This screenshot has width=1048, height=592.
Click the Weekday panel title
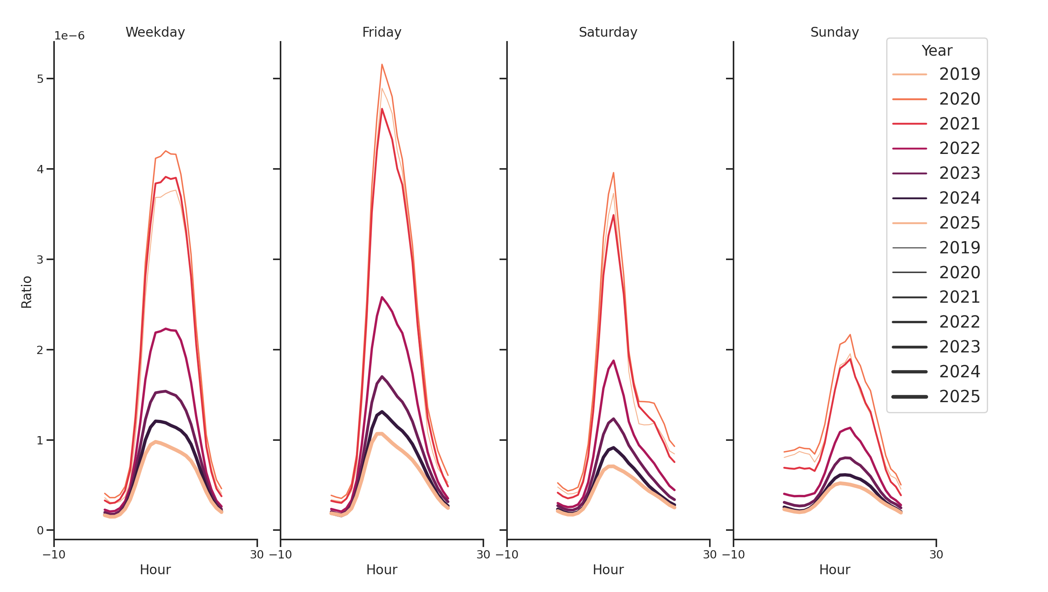coord(155,32)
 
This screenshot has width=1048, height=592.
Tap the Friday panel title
coord(382,32)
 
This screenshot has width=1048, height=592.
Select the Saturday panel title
coord(608,32)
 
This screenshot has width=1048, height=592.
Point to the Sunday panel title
coord(835,32)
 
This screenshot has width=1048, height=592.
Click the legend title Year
coord(936,51)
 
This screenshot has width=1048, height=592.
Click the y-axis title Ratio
coord(26,292)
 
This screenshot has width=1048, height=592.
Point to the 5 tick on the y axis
coord(40,79)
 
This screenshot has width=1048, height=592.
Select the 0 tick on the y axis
coord(40,530)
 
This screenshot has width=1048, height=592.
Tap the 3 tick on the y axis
coord(40,260)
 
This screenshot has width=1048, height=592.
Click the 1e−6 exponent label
coord(69,36)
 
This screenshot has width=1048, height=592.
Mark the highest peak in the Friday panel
coord(382,64)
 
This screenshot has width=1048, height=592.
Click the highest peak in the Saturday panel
coord(614,173)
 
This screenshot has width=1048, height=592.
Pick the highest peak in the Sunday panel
coord(850,335)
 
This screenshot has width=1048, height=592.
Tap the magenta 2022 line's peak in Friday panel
coord(382,297)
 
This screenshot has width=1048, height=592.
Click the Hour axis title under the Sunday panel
coord(835,570)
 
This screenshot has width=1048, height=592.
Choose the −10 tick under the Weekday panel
coord(54,555)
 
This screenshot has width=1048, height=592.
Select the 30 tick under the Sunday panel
coord(936,555)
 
